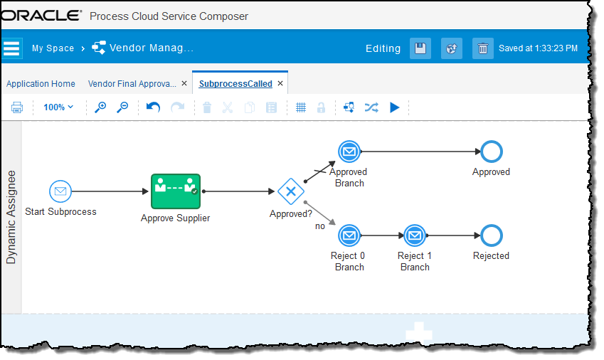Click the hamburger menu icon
[12, 48]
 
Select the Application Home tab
[41, 84]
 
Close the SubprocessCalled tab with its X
[280, 84]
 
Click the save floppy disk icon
[420, 48]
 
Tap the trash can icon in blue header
[483, 48]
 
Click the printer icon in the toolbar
[17, 107]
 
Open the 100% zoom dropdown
[58, 107]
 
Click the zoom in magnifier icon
[100, 107]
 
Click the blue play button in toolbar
[395, 107]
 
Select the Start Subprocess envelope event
[60, 191]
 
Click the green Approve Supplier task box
[176, 191]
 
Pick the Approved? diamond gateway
[290, 191]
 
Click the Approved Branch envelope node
[349, 152]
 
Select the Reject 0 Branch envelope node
[349, 235]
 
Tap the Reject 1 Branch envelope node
[415, 235]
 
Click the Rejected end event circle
[491, 235]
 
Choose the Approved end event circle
[491, 152]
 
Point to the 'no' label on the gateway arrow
[320, 226]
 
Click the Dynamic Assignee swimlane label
[11, 217]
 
